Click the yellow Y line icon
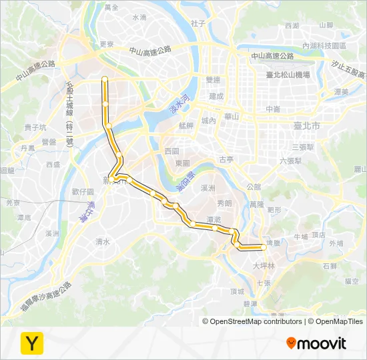click(x=31, y=343)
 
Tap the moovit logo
click(x=316, y=343)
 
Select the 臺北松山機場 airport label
click(x=288, y=75)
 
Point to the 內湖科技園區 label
click(x=322, y=45)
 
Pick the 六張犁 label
click(x=291, y=161)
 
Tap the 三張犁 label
click(x=302, y=146)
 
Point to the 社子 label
click(x=198, y=23)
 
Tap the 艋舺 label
click(x=186, y=125)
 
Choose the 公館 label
click(x=254, y=187)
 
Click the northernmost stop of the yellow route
click(x=105, y=79)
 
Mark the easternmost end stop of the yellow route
click(x=264, y=247)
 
